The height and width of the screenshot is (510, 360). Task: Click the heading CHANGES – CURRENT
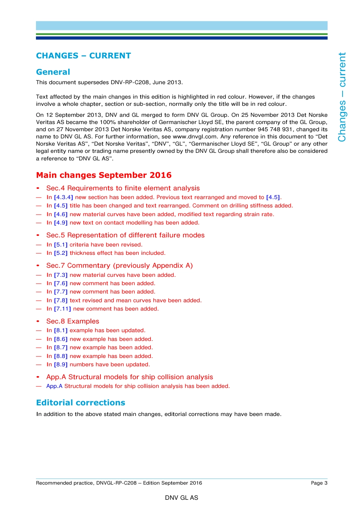[x=83, y=56]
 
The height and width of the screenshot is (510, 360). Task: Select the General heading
[x=53, y=72]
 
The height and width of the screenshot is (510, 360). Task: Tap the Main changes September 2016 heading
[x=104, y=175]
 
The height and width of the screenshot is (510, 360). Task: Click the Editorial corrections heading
[x=80, y=403]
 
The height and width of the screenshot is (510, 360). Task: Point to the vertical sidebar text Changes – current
[x=342, y=97]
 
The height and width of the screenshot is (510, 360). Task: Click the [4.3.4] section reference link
[x=63, y=197]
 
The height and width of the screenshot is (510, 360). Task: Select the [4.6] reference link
[x=61, y=214]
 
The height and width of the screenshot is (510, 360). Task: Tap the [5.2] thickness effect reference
[x=61, y=253]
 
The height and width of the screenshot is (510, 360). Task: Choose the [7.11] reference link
[x=62, y=309]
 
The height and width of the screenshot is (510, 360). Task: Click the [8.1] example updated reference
[x=61, y=330]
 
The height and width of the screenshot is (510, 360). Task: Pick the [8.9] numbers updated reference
[x=61, y=364]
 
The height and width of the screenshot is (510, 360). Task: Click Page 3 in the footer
[x=319, y=483]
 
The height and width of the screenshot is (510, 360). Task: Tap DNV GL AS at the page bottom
[x=182, y=497]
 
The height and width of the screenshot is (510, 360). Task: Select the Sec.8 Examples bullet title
[x=73, y=321]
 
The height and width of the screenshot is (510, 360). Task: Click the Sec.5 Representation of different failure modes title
[x=125, y=235]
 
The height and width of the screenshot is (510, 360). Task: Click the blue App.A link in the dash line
[x=54, y=386]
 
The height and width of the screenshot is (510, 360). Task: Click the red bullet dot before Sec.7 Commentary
[x=38, y=265]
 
